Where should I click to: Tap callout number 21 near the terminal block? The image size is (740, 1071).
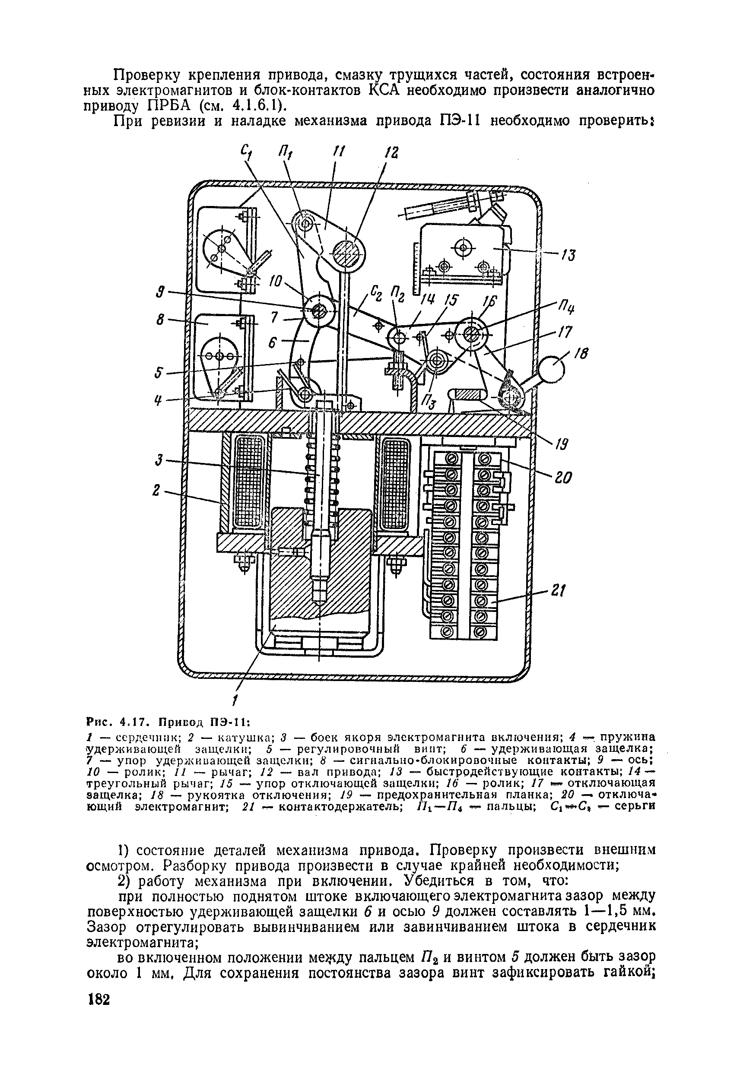558,590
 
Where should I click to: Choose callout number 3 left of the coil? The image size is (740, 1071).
159,460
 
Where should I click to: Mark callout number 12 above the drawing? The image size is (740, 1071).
392,154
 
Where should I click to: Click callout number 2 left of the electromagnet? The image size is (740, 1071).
156,490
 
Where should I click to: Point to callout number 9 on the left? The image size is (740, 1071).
160,292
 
